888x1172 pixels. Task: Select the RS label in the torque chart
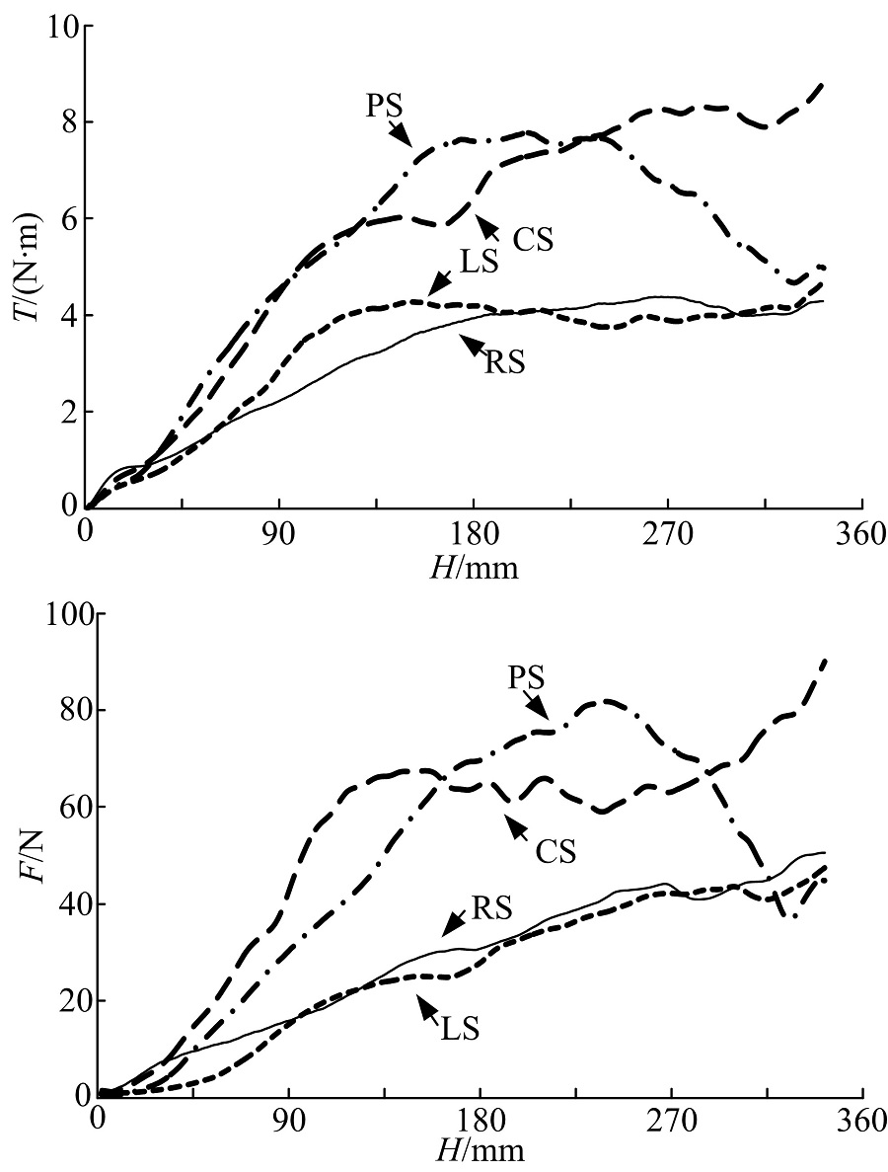[504, 361]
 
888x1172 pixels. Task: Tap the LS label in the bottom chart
[460, 1028]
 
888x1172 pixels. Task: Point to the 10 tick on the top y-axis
[61, 27]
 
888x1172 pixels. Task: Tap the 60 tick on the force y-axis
[64, 808]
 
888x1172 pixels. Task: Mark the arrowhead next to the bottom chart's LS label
[425, 1004]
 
